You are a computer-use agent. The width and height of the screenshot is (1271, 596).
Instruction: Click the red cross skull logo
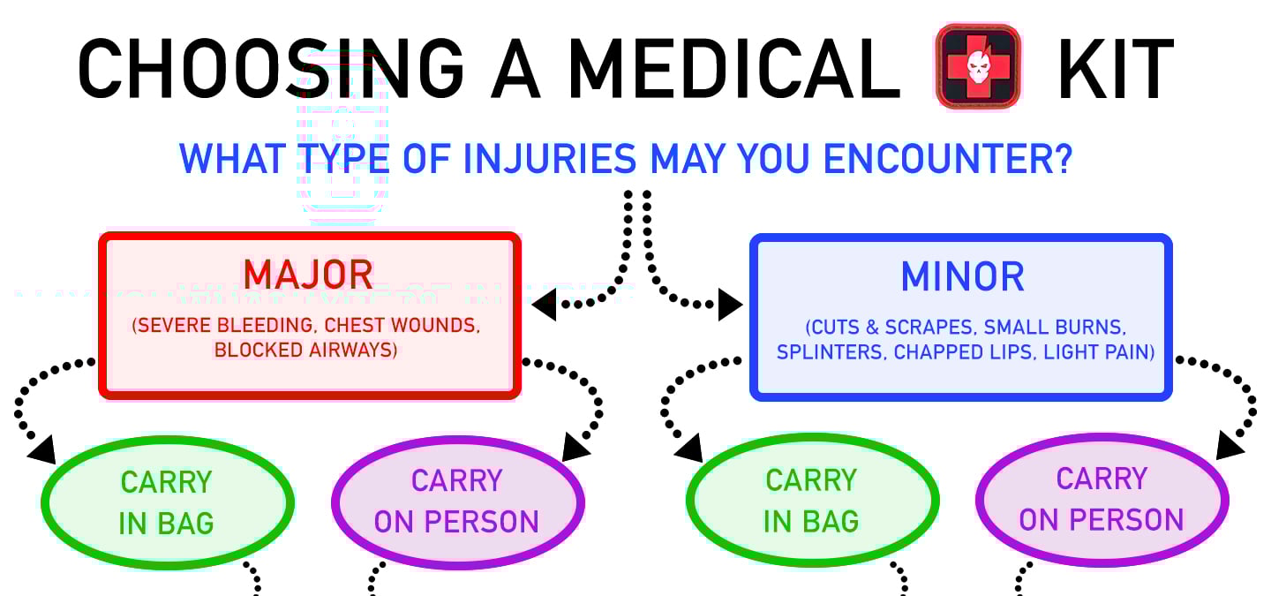click(x=978, y=66)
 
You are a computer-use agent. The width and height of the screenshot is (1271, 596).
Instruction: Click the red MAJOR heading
click(x=308, y=275)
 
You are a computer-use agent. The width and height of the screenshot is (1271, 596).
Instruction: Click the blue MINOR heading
click(x=962, y=277)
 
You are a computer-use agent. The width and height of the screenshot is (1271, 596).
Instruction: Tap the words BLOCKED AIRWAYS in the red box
click(x=305, y=350)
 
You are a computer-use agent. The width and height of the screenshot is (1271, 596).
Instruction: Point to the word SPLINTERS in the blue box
click(x=831, y=352)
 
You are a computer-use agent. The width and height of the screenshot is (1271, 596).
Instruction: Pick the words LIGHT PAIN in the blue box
click(x=1098, y=352)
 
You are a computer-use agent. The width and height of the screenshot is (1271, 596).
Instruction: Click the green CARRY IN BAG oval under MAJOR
click(x=167, y=502)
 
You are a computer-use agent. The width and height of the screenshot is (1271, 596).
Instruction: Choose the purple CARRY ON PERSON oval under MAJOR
click(x=457, y=502)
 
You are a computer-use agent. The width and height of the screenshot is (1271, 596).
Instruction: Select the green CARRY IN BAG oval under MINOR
click(x=811, y=501)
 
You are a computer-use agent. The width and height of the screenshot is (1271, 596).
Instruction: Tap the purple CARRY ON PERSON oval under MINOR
click(x=1102, y=499)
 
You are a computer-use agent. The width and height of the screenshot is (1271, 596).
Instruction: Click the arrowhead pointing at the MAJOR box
click(x=544, y=306)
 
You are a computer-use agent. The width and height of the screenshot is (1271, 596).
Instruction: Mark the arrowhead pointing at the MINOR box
click(x=730, y=306)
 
